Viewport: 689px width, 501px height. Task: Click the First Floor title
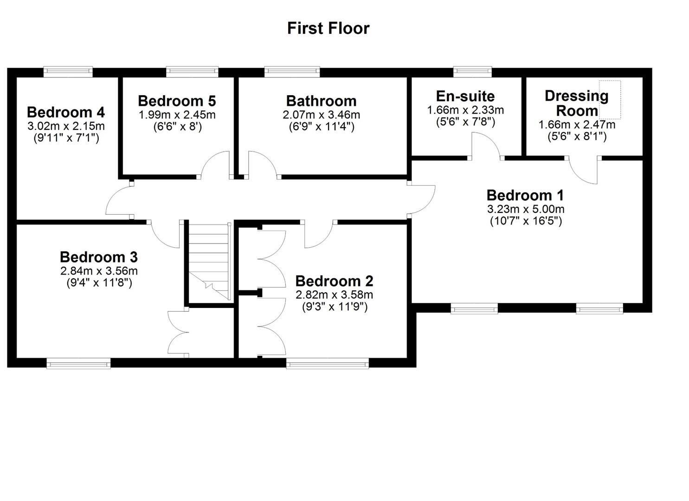point(328,28)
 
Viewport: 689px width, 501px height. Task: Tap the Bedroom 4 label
point(66,112)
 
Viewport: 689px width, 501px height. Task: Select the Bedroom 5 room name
point(177,101)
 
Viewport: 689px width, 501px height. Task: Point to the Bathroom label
point(321,101)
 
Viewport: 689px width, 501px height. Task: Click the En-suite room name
point(465,96)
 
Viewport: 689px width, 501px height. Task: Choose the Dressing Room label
point(577,103)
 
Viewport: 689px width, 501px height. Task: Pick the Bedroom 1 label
point(525,195)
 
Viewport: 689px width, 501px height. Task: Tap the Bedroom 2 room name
point(334,281)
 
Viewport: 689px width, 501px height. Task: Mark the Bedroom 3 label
point(99,257)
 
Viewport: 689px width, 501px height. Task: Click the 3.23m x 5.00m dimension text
point(526,209)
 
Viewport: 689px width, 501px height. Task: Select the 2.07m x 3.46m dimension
point(321,115)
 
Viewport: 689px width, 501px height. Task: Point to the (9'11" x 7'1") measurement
point(66,138)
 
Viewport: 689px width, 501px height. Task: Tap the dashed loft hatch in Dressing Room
point(610,100)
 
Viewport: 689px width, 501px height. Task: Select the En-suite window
point(472,71)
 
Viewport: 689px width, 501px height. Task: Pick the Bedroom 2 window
point(328,364)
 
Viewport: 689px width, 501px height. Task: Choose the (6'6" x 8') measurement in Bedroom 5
point(177,127)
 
